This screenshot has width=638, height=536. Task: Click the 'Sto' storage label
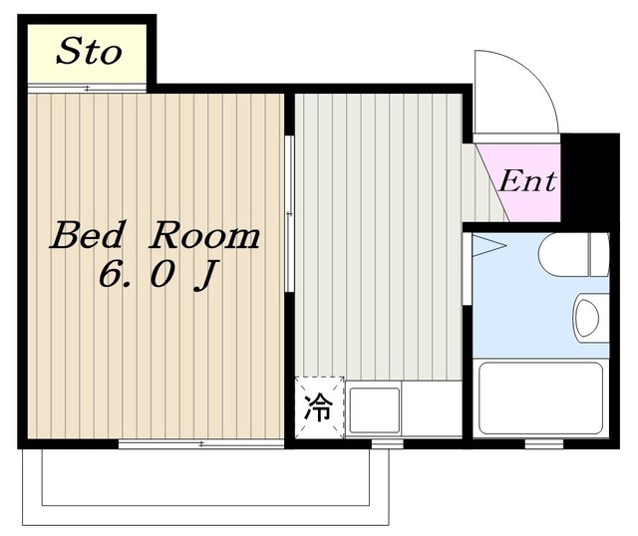click(88, 52)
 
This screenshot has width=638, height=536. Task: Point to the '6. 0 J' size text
click(158, 275)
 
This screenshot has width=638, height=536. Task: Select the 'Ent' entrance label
click(526, 182)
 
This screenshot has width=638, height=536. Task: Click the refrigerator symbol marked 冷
click(319, 406)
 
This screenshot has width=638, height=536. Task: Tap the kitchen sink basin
click(375, 409)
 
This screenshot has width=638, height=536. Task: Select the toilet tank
click(598, 255)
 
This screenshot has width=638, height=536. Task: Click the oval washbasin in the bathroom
click(588, 319)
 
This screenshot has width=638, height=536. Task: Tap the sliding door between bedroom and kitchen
click(288, 214)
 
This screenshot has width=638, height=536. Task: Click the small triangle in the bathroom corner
click(487, 245)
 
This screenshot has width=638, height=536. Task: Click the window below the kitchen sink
click(387, 443)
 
